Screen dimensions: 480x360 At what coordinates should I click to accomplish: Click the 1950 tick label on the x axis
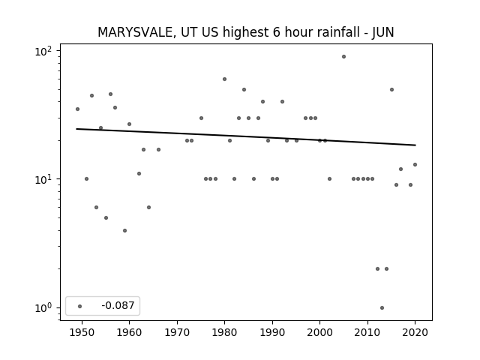(82, 332)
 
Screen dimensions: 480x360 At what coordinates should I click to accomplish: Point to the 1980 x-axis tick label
(224, 332)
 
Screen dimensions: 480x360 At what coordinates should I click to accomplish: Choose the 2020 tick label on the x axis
(415, 332)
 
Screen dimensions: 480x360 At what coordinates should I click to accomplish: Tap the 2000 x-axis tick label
(319, 332)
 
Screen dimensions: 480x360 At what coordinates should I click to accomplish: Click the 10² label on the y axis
(43, 51)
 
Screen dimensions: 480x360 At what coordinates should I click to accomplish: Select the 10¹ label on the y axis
(43, 179)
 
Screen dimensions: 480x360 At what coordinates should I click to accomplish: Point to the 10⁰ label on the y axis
(43, 308)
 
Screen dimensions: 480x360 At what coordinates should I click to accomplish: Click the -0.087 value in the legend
(118, 305)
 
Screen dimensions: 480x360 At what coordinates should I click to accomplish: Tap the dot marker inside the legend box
(80, 306)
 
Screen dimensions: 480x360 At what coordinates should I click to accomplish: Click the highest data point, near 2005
(343, 57)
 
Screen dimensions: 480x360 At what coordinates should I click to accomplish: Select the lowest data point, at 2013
(382, 308)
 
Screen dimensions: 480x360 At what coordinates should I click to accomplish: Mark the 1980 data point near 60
(224, 79)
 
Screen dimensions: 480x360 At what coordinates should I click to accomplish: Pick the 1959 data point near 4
(125, 230)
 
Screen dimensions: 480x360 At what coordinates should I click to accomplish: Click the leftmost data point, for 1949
(77, 109)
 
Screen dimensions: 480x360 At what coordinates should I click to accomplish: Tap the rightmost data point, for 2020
(415, 165)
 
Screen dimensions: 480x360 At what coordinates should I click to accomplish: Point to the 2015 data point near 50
(391, 90)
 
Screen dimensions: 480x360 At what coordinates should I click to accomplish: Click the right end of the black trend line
(415, 145)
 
